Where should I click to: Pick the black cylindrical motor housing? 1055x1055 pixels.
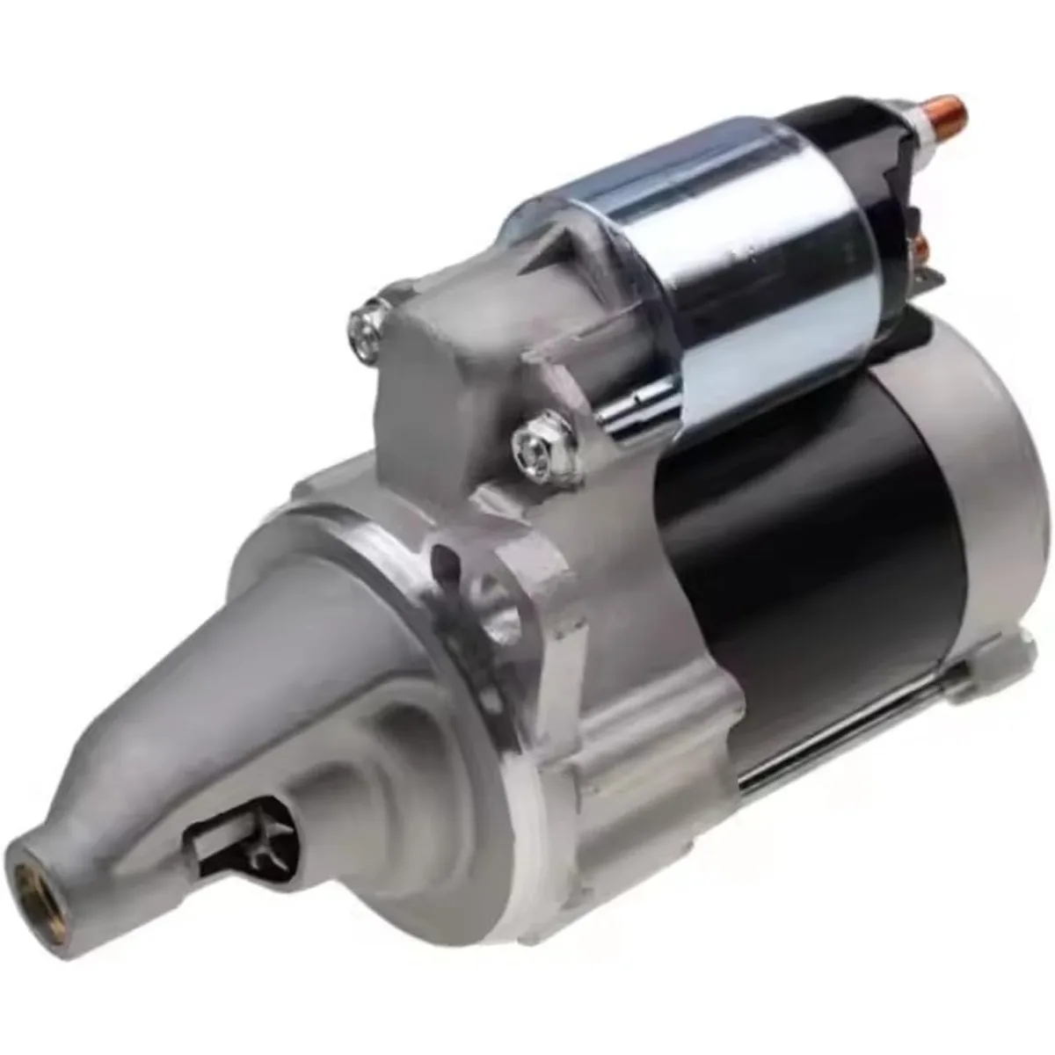tap(809, 563)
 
